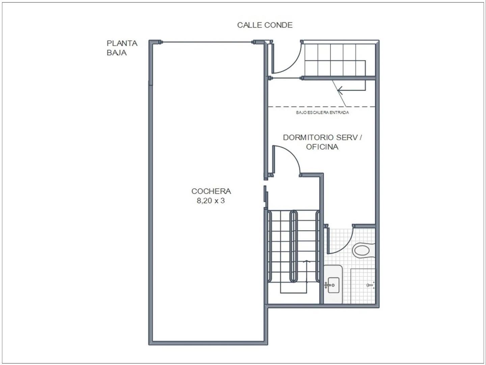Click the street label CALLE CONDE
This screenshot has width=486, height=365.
click(x=265, y=25)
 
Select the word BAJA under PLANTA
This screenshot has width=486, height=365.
click(x=116, y=53)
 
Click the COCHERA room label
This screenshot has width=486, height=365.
click(x=211, y=191)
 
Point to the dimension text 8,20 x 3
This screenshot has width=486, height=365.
click(x=211, y=201)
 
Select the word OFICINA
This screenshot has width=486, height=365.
click(x=322, y=147)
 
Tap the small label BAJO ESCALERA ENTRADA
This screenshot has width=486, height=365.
click(x=322, y=113)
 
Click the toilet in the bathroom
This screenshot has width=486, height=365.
click(x=361, y=251)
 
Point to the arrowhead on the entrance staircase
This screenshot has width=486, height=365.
click(x=340, y=90)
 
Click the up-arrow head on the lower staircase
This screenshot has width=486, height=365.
click(x=307, y=261)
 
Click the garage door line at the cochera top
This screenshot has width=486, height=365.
click(x=208, y=42)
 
